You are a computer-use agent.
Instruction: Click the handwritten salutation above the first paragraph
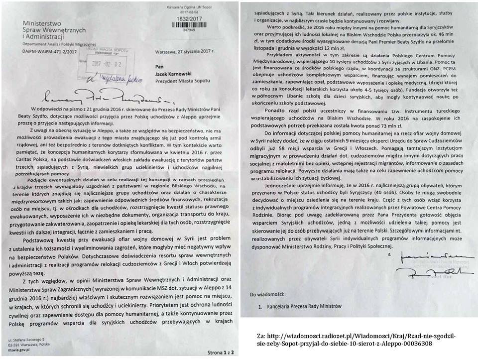pyautogui.click(x=80, y=95)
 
